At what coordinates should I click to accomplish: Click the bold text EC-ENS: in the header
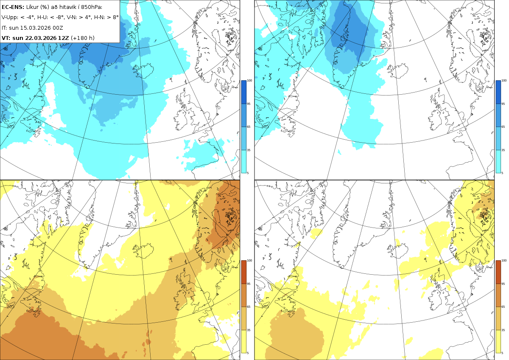coord(13,7)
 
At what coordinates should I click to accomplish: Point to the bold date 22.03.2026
coord(41,38)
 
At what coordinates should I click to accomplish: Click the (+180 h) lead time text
coord(83,38)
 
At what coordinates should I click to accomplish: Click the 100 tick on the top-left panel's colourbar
coord(249,80)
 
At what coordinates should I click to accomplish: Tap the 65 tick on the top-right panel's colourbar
coord(503,127)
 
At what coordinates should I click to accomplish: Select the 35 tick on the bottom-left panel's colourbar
coord(249,330)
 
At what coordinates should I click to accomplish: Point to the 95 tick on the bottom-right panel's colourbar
coord(503,284)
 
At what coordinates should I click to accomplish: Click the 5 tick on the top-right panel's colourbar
coord(502,173)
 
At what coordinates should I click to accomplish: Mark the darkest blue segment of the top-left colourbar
coord(243,92)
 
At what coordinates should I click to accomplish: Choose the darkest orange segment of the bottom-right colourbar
coord(498,272)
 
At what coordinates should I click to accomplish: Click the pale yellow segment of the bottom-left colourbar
coord(243,341)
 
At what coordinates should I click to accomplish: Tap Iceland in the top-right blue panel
coord(397,71)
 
